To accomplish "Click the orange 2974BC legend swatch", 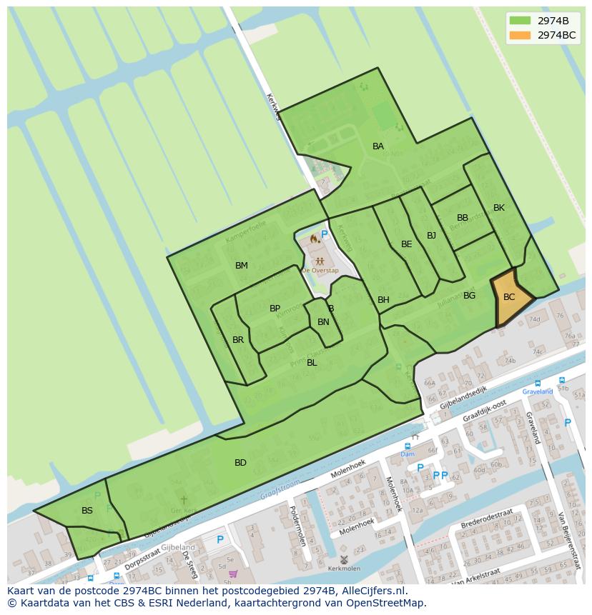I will click(520, 35).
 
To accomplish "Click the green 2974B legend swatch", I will click(520, 21).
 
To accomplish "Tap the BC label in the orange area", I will click(509, 297).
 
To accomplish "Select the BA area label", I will click(378, 146).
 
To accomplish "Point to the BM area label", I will click(242, 266).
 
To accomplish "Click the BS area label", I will click(87, 511).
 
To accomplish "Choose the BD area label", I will click(240, 463).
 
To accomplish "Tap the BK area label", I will click(499, 208).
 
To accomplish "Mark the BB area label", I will click(463, 218).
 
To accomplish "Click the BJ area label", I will click(431, 236).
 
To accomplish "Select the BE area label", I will click(407, 244).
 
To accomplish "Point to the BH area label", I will click(383, 300).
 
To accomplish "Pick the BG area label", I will click(469, 296).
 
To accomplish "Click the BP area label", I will click(275, 309).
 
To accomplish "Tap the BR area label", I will click(238, 340).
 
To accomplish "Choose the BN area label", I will click(323, 322).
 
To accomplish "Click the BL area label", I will click(312, 363).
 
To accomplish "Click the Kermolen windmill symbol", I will click(344, 560).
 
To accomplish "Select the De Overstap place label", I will click(320, 271).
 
